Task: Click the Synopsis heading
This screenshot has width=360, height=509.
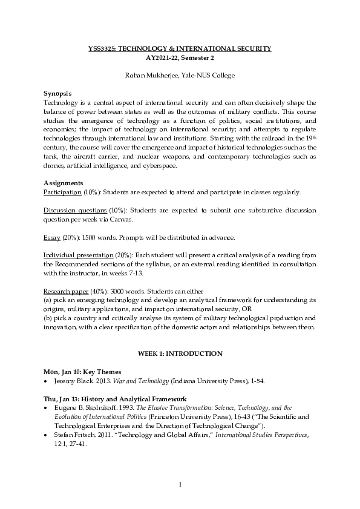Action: (x=58, y=94)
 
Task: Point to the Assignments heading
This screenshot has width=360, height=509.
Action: (x=63, y=183)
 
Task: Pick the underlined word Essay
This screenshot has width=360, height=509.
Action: (x=51, y=237)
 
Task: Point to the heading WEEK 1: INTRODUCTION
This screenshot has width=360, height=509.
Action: (x=180, y=353)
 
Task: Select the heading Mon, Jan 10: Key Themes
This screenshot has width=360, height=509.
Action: (x=82, y=372)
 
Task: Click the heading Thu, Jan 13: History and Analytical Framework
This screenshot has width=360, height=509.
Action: (x=115, y=399)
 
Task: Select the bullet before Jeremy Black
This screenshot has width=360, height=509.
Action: (x=47, y=381)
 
